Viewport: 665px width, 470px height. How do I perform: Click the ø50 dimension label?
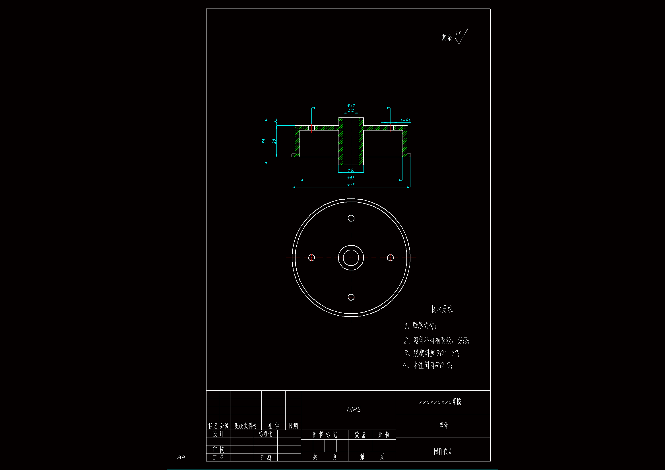351,105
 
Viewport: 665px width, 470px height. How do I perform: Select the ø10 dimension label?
351,111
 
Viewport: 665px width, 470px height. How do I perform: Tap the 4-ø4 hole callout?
406,120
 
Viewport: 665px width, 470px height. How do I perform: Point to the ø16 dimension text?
351,170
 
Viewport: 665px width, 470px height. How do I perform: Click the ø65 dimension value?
351,178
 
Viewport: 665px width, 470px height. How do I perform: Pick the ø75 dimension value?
351,185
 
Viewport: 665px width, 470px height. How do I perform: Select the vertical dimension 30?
264,141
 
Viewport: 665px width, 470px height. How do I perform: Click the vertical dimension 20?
274,141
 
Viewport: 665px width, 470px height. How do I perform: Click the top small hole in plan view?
351,218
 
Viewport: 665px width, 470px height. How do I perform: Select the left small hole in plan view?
312,258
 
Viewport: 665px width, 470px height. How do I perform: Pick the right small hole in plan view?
391,258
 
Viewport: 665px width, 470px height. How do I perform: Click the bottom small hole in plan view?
351,297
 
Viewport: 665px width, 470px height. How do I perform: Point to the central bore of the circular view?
351,258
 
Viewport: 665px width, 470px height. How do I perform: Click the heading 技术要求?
441,309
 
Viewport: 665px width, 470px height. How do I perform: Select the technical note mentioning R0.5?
428,366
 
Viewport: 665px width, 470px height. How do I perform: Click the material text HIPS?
354,409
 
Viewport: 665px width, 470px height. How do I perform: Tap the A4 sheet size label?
181,457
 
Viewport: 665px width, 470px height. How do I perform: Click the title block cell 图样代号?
443,452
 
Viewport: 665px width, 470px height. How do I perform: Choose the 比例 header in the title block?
384,435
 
